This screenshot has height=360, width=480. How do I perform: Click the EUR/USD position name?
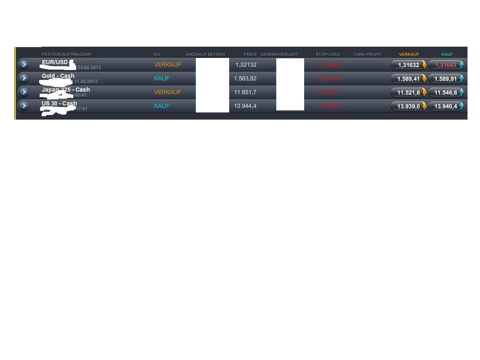(x=55, y=62)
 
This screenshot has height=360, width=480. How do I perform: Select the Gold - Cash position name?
(x=58, y=76)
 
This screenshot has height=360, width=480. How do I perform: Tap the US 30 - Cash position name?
(x=59, y=103)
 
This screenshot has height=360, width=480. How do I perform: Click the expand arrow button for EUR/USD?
(x=24, y=65)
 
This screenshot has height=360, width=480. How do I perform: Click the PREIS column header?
(x=250, y=55)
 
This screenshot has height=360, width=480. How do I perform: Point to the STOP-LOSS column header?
(x=327, y=55)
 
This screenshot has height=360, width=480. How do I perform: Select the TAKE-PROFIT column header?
(x=367, y=55)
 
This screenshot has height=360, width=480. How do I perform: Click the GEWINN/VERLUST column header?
(x=279, y=55)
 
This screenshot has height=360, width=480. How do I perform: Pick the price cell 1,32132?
(x=246, y=65)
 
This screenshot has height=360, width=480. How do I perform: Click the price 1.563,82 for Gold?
(x=245, y=78)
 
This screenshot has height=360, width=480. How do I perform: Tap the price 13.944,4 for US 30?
(x=245, y=106)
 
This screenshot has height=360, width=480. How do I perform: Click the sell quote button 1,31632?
(x=409, y=65)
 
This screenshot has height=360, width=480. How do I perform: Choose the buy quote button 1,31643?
(x=446, y=65)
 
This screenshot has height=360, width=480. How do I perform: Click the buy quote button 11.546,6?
(x=446, y=92)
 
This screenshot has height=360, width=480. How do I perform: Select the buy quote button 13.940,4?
(x=446, y=106)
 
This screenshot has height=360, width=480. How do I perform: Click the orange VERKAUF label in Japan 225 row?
(x=167, y=92)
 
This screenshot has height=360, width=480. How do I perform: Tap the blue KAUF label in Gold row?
(x=162, y=78)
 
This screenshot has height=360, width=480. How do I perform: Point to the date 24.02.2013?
(x=89, y=67)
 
